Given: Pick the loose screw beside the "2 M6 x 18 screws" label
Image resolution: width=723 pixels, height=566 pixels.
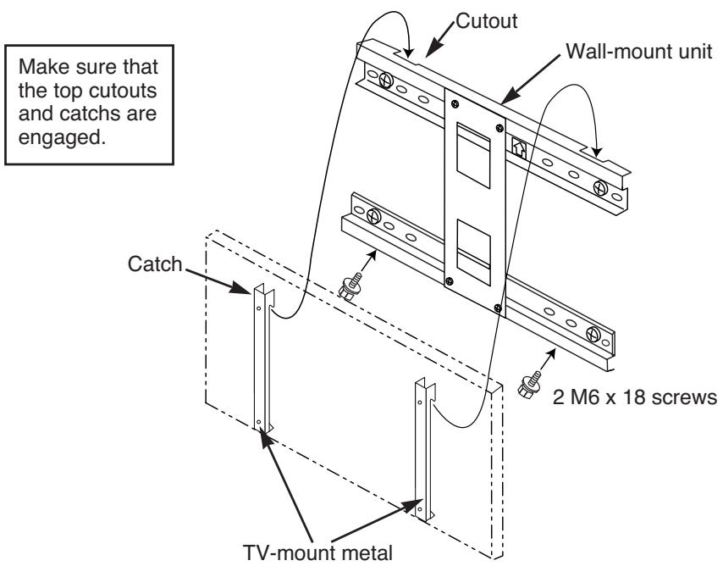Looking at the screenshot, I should point(526,386).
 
